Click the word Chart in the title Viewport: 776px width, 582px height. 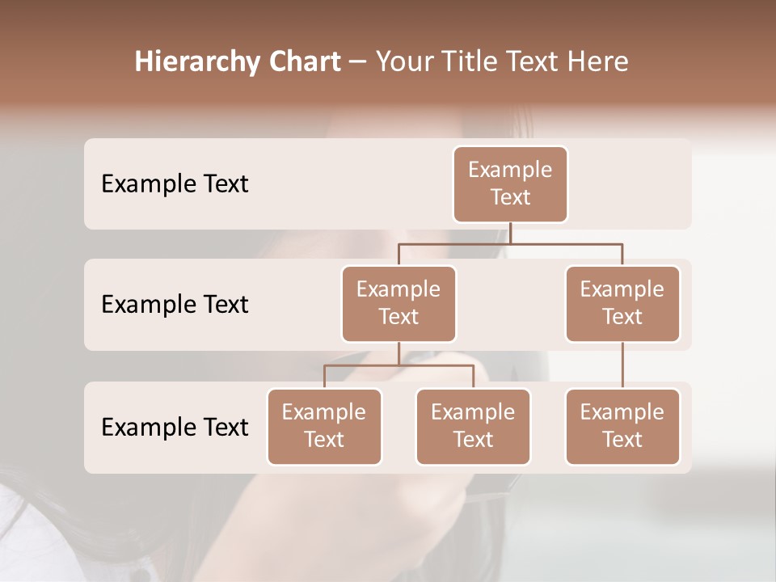[x=302, y=62]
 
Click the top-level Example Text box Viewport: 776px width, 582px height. [x=510, y=183]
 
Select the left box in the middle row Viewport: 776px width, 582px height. [x=399, y=303]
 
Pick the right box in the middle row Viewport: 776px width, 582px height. [x=622, y=303]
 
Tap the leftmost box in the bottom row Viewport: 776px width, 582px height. [x=324, y=426]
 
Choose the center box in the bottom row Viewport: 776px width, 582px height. [x=473, y=426]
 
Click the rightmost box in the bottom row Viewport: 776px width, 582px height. [x=622, y=426]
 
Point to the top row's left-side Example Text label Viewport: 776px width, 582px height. [x=175, y=184]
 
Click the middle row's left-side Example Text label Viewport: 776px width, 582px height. [x=175, y=305]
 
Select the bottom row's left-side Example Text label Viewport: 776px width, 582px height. [x=175, y=428]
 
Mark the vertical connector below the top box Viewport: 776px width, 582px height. [x=510, y=233]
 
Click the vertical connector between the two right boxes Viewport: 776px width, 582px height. [x=622, y=365]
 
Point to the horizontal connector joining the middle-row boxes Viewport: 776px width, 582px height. [x=510, y=243]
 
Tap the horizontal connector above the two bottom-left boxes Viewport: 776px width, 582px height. [x=399, y=365]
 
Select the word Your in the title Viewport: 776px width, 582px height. [x=403, y=62]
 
